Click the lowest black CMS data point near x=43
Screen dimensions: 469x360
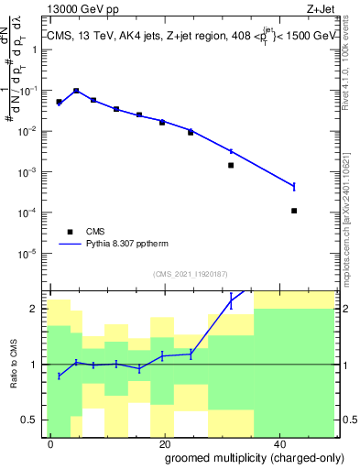pyautogui.click(x=294, y=211)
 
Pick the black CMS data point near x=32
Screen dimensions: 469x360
pyautogui.click(x=231, y=166)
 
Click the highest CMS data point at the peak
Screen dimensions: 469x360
pyautogui.click(x=76, y=91)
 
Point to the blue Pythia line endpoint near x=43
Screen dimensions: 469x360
pyautogui.click(x=294, y=186)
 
